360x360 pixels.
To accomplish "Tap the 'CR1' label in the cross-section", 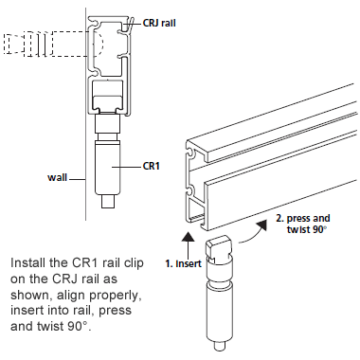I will pyautogui.click(x=150, y=166).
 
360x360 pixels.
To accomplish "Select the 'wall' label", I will pyautogui.click(x=60, y=177).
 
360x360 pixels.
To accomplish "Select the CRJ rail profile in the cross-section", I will pyautogui.click(x=108, y=57).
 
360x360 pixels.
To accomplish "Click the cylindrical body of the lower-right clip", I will pyautogui.click(x=217, y=303).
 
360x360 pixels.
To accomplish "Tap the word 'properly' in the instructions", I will pyautogui.click(x=123, y=296).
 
